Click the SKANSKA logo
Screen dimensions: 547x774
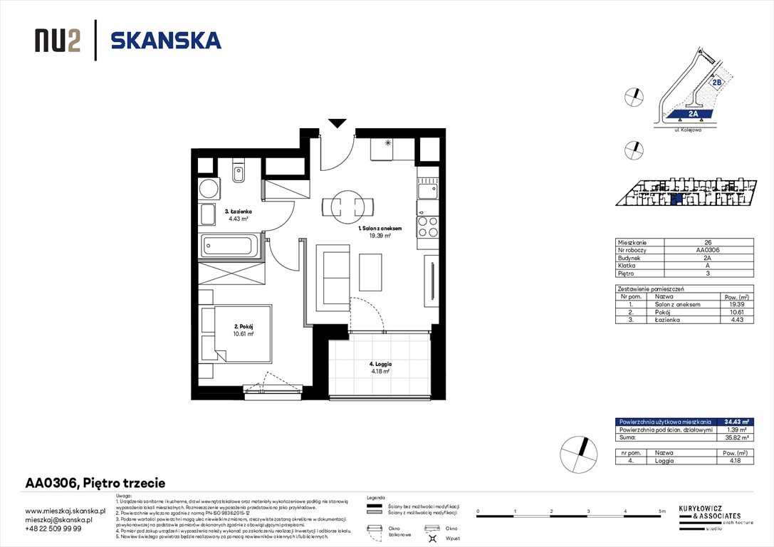tap(165, 41)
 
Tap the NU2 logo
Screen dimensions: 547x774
tap(57, 41)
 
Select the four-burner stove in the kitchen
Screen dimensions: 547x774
tap(428, 227)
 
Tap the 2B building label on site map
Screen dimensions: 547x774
tap(716, 83)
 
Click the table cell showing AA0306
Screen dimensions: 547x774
tap(706, 250)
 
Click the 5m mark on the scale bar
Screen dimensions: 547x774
tap(662, 511)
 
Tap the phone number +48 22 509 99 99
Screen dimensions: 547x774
tap(53, 529)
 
